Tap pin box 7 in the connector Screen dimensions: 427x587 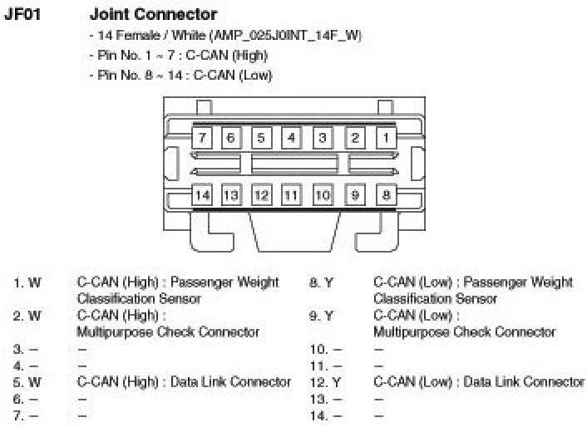pos(202,137)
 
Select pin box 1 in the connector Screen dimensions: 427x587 pos(385,137)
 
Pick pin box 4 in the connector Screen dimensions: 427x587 pos(291,137)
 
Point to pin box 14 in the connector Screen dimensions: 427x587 pos(202,195)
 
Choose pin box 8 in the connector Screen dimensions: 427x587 pos(385,195)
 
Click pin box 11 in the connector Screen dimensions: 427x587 pos(291,195)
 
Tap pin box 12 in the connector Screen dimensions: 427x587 pos(261,195)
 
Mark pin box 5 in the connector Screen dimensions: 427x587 pos(261,137)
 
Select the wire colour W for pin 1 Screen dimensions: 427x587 pos(35,282)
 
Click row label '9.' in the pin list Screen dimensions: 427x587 pos(313,316)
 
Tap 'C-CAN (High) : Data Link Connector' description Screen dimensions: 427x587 pos(184,381)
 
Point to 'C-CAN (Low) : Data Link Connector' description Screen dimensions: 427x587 pos(479,381)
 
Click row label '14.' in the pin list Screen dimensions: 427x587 pos(317,415)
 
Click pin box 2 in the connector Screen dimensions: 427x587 pos(354,137)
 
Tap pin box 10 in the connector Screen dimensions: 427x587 pos(323,195)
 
